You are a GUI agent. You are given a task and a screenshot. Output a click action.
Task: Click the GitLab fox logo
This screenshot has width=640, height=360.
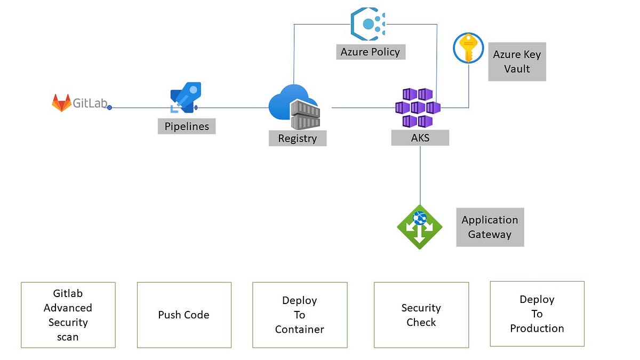pyautogui.click(x=61, y=102)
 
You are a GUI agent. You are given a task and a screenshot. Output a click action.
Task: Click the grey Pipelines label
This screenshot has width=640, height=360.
pyautogui.click(x=187, y=126)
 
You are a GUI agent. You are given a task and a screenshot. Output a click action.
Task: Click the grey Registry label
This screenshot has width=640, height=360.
pyautogui.click(x=298, y=139)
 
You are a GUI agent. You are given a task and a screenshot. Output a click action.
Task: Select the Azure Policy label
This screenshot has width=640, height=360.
pyautogui.click(x=370, y=52)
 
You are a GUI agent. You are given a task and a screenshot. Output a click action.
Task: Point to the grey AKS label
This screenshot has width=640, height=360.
pyautogui.click(x=420, y=138)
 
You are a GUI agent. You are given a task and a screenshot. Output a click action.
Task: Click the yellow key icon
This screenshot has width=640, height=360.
pyautogui.click(x=468, y=48)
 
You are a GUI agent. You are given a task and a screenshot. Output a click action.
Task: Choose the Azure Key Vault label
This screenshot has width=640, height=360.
pyautogui.click(x=517, y=62)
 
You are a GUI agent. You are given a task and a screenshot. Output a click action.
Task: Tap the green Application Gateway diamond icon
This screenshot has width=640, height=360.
pyautogui.click(x=420, y=227)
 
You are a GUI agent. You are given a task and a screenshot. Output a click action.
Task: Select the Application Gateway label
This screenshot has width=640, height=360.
pyautogui.click(x=490, y=227)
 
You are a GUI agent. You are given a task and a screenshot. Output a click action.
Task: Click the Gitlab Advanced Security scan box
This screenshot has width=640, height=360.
pyautogui.click(x=68, y=315)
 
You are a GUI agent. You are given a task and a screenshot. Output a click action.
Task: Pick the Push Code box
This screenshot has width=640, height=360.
pyautogui.click(x=184, y=315)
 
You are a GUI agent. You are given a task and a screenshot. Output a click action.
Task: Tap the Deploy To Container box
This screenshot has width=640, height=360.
pyautogui.click(x=300, y=315)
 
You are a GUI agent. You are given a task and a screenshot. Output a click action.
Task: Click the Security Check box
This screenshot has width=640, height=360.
pyautogui.click(x=421, y=315)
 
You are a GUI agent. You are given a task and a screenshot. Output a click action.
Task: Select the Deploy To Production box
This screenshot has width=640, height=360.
pyautogui.click(x=537, y=314)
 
